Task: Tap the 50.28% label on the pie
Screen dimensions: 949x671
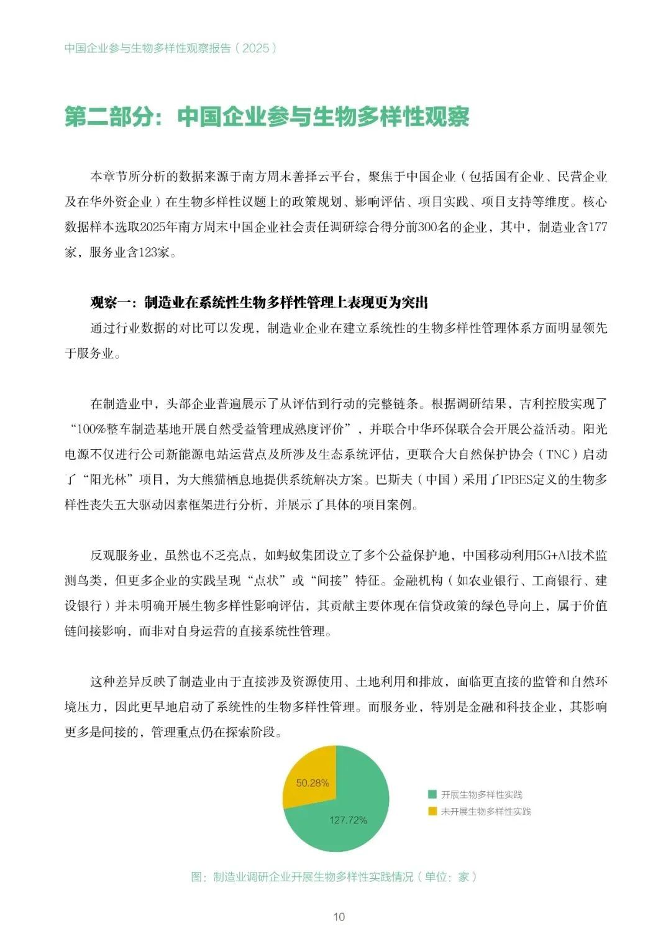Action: (x=313, y=783)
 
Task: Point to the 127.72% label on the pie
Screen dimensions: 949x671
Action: (x=348, y=820)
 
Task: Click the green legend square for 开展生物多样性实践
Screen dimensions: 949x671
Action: (x=432, y=794)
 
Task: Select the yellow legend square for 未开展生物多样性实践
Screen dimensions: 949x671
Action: (x=432, y=811)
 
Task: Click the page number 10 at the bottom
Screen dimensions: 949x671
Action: (x=339, y=917)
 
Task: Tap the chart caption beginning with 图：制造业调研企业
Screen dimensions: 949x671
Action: (x=334, y=877)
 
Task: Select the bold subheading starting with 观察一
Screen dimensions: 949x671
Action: (x=259, y=303)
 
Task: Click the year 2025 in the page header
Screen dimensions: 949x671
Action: (x=255, y=48)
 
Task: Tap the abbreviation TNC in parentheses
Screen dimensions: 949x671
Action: (x=558, y=454)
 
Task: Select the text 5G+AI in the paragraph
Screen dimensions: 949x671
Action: (x=546, y=556)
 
